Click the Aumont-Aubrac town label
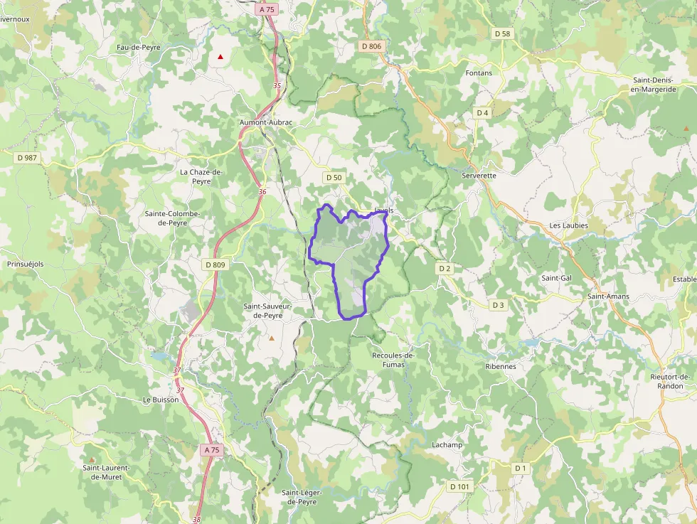[266, 122]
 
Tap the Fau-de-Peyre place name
[139, 48]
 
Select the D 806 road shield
[371, 46]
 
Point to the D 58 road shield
[502, 33]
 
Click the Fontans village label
[479, 73]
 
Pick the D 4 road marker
[483, 113]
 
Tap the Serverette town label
[479, 175]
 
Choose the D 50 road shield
[333, 177]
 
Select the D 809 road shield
[215, 265]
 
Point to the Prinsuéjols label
[25, 264]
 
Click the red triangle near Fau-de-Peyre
[221, 56]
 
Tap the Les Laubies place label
[568, 225]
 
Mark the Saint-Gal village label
[556, 278]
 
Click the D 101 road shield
[459, 487]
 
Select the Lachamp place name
[447, 445]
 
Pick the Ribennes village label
[500, 367]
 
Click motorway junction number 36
[262, 191]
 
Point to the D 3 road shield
[498, 305]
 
